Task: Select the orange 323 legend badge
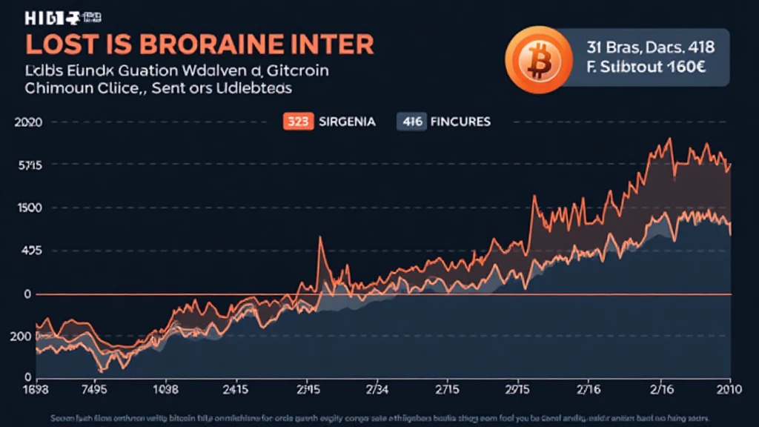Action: [x=298, y=121]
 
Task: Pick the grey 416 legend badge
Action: [x=411, y=121]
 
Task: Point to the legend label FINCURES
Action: [x=461, y=121]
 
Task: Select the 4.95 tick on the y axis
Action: [x=28, y=251]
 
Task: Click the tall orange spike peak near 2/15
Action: [x=319, y=238]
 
